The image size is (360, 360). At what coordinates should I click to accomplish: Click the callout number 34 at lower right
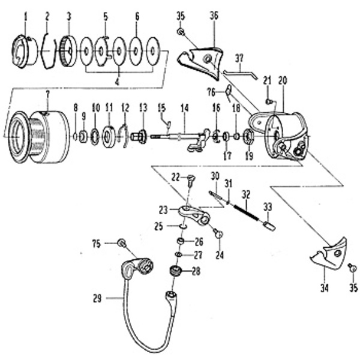pos(325,289)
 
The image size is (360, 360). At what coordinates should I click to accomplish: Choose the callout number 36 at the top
pos(214,16)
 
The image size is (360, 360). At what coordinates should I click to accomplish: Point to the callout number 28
pos(196,271)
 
